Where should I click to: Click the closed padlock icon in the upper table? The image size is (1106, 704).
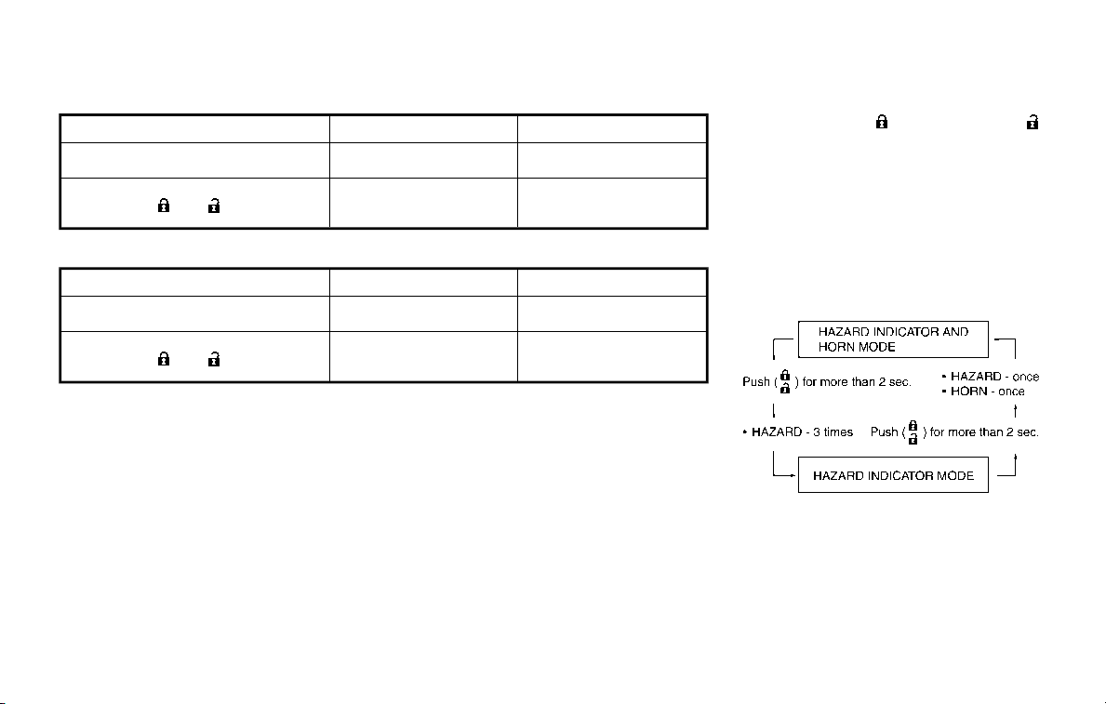(164, 206)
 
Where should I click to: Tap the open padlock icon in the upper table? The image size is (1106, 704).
(214, 206)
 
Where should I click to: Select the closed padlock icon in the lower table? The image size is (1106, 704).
(164, 359)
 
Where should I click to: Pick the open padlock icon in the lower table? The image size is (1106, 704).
(214, 359)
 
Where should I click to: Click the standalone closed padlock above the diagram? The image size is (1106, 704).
(882, 122)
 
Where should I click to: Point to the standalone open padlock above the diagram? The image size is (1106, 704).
(1033, 122)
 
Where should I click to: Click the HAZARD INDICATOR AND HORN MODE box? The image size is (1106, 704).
(893, 339)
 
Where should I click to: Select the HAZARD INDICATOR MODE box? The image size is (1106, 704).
(893, 474)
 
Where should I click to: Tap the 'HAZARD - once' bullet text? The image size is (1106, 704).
(991, 377)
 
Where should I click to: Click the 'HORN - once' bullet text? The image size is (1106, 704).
(983, 392)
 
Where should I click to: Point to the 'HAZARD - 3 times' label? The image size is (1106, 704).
(798, 432)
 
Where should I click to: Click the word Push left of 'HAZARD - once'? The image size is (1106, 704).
(756, 381)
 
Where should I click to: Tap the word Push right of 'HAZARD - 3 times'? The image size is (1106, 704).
(884, 432)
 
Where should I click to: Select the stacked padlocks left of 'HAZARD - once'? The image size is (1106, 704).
(785, 381)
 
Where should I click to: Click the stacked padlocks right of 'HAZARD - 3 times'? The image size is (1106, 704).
(913, 432)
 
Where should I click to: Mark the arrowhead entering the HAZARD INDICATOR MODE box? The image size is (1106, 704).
(794, 475)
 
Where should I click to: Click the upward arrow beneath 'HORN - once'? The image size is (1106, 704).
(1015, 410)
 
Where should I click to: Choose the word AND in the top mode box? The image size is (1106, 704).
(955, 332)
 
